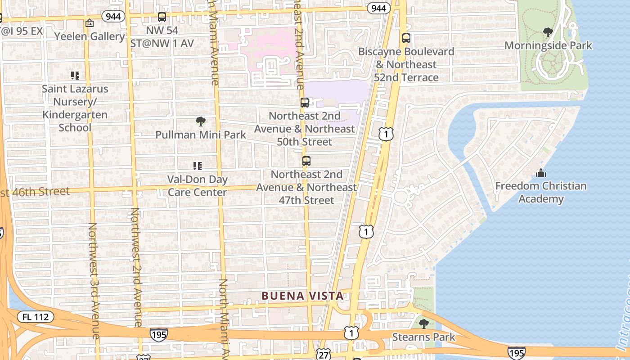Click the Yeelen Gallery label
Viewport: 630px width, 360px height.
(x=90, y=36)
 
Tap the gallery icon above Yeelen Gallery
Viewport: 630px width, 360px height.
(x=90, y=23)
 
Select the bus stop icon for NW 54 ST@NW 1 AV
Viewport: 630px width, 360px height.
(x=162, y=17)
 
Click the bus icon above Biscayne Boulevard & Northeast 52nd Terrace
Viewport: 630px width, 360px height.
(x=406, y=38)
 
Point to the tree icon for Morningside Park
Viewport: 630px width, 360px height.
(x=548, y=32)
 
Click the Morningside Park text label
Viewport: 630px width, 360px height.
(x=548, y=45)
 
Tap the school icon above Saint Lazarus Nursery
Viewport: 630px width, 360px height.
(x=75, y=76)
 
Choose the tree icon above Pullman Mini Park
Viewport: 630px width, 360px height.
(x=201, y=121)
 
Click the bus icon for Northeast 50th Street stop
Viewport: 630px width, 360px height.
(x=305, y=103)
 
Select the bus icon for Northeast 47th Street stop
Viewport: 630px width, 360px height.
(x=306, y=161)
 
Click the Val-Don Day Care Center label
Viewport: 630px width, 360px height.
(x=198, y=186)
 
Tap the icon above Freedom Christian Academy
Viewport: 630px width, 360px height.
(x=541, y=173)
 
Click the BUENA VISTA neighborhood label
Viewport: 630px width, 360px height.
(x=303, y=296)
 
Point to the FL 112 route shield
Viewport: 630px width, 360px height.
(x=36, y=317)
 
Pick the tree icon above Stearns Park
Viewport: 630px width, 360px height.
(x=423, y=324)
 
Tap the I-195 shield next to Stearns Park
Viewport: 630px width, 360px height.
(x=516, y=352)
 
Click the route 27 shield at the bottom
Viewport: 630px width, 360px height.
(x=324, y=354)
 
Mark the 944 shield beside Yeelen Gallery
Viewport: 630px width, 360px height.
(x=113, y=17)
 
